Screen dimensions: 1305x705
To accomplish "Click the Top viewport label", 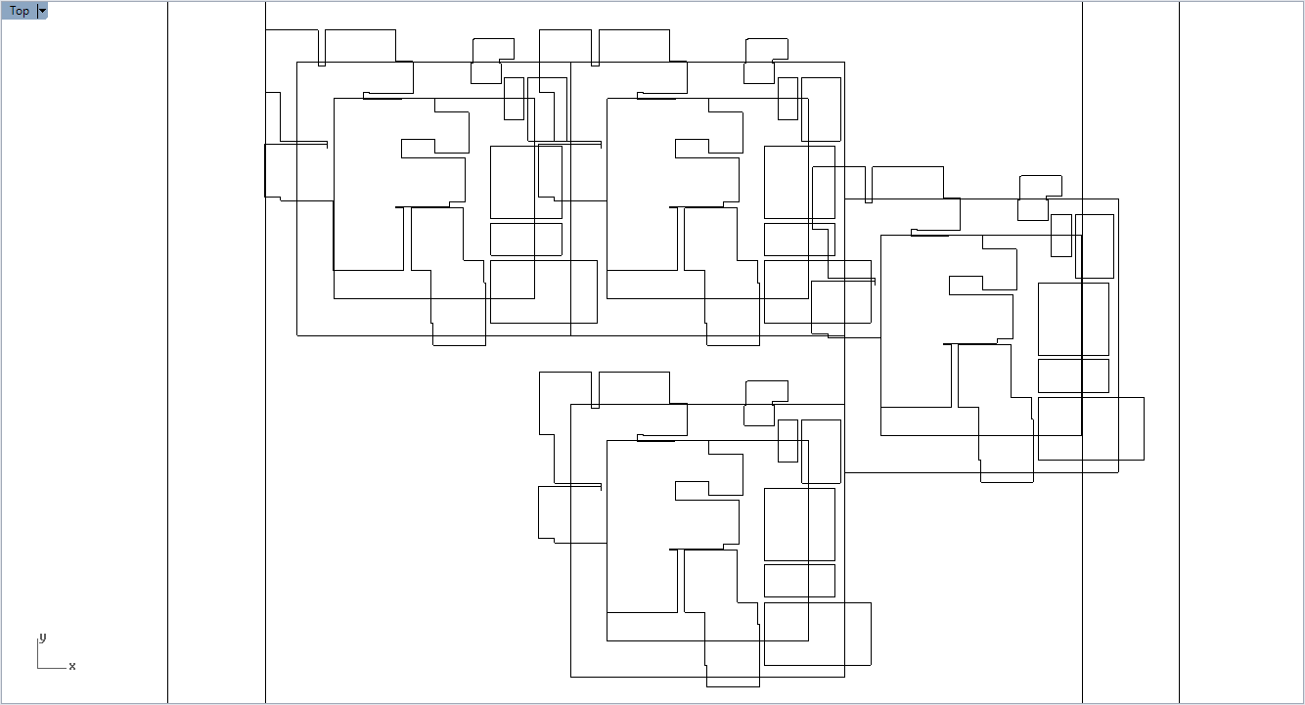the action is pyautogui.click(x=20, y=11).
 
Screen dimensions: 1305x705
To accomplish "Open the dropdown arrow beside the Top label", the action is pyautogui.click(x=42, y=11).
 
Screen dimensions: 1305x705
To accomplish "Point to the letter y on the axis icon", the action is pyautogui.click(x=42, y=638).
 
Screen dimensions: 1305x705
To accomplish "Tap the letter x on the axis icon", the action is pyautogui.click(x=72, y=666).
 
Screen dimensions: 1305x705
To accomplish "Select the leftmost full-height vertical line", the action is pyautogui.click(x=168, y=391).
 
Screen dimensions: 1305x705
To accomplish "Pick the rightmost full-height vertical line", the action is pyautogui.click(x=1179, y=391).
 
